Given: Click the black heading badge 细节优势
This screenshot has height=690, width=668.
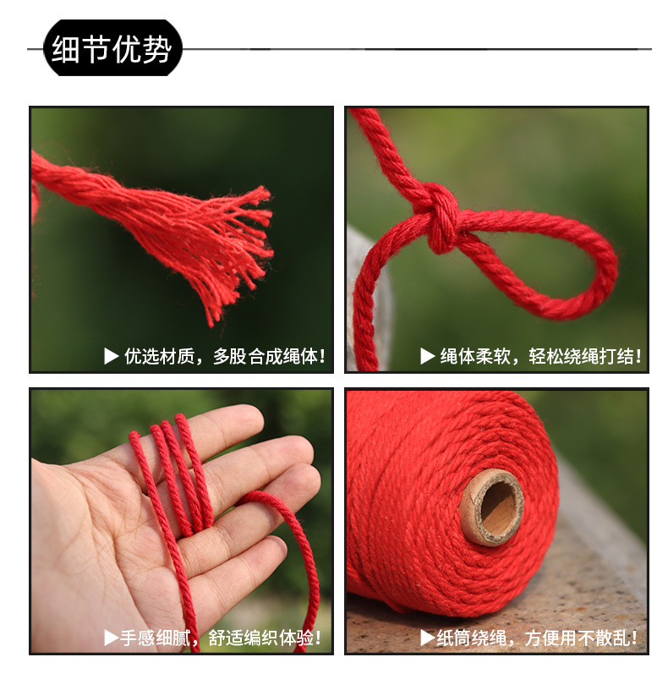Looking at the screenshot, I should [112, 49].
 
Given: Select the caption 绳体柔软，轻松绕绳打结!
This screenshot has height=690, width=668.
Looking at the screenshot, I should [540, 357].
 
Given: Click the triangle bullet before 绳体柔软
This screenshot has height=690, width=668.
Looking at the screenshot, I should [428, 357].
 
